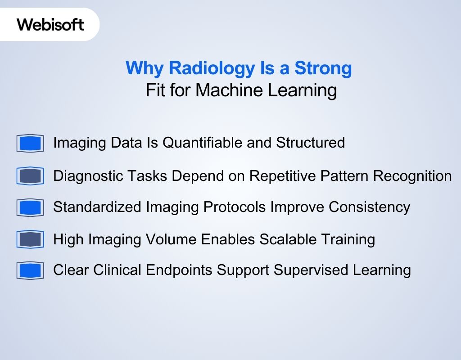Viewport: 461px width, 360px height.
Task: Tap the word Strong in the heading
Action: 323,68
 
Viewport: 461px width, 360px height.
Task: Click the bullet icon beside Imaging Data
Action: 30,144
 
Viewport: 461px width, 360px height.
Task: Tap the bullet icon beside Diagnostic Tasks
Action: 30,176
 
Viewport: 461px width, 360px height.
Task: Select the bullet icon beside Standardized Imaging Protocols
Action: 30,207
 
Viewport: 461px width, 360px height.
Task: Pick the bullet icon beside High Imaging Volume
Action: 30,239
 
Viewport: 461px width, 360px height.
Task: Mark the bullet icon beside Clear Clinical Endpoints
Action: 30,271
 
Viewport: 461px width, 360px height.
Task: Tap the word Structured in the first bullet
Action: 310,143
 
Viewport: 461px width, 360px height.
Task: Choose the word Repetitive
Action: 285,175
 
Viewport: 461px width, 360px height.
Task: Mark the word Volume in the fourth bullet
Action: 170,239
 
